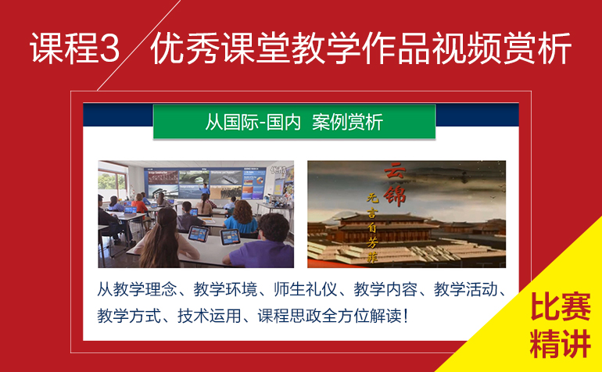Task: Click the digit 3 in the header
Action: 109,48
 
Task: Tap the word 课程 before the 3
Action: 64,48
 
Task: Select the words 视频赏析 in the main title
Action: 502,48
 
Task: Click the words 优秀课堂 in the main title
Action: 220,48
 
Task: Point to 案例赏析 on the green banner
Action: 347,122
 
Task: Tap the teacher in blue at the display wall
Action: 206,190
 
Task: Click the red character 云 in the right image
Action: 395,171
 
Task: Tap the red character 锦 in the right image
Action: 395,196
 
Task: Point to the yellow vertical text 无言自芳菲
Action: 372,227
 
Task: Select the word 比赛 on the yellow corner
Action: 560,307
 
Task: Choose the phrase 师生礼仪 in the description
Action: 305,290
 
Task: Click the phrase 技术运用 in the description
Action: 210,316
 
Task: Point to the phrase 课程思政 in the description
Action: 289,316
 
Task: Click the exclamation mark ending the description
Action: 406,316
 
